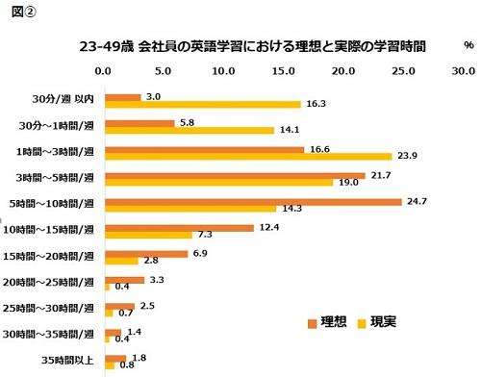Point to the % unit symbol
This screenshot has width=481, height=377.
tap(468, 45)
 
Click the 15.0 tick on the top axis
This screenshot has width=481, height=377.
tap(284, 71)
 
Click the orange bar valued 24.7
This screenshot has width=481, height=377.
tap(252, 201)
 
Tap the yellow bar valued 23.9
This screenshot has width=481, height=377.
tap(247, 156)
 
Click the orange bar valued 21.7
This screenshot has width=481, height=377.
tap(235, 175)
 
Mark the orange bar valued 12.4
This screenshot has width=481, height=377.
tap(179, 227)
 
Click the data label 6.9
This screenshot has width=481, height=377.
tap(200, 253)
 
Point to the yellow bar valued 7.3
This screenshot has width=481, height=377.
tap(148, 234)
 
